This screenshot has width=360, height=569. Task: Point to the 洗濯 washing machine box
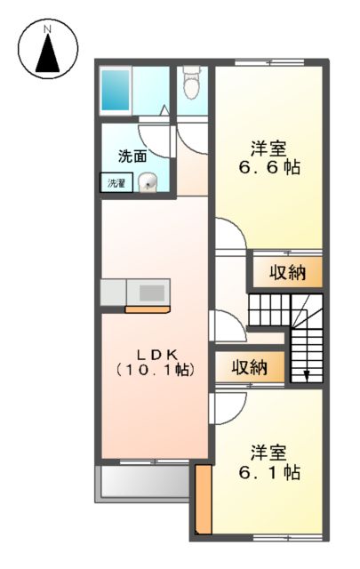tap(116, 183)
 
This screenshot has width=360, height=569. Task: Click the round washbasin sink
tap(148, 182)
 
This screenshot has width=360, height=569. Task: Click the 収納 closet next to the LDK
tap(249, 366)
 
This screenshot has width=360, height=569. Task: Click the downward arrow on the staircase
tap(308, 373)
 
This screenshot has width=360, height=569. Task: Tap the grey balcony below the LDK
tap(142, 484)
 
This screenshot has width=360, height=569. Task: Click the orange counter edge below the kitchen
tap(148, 309)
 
